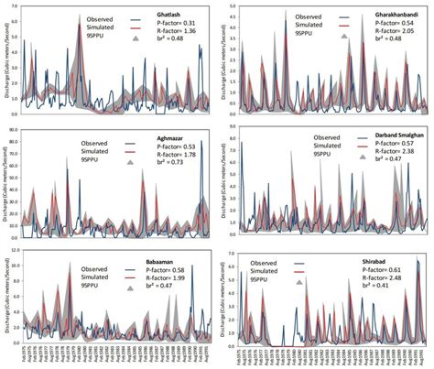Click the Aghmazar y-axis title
point(6,183)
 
